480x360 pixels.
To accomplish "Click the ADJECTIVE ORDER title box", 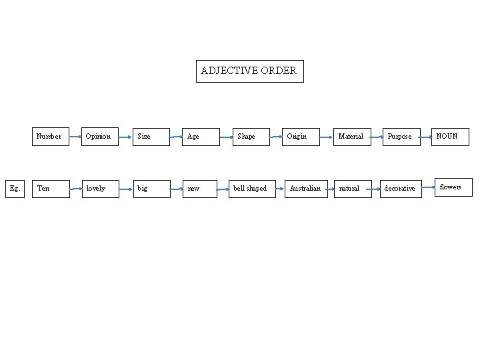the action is pos(249,71).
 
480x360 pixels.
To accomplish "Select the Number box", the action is pos(50,136).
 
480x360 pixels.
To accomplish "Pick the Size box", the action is pos(150,136).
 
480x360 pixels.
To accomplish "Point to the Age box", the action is pos(201,136).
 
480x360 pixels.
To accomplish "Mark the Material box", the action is pos(351,136).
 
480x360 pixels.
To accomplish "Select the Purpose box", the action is pos(401,136).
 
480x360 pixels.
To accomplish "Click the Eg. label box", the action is pos(15,189).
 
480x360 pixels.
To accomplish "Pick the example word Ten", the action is pos(50,189).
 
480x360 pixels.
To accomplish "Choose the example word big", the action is pos(150,189).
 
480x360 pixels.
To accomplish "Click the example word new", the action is pos(201,189).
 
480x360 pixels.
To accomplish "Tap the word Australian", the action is pos(305,189).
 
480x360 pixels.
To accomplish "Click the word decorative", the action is pos(401,189).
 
